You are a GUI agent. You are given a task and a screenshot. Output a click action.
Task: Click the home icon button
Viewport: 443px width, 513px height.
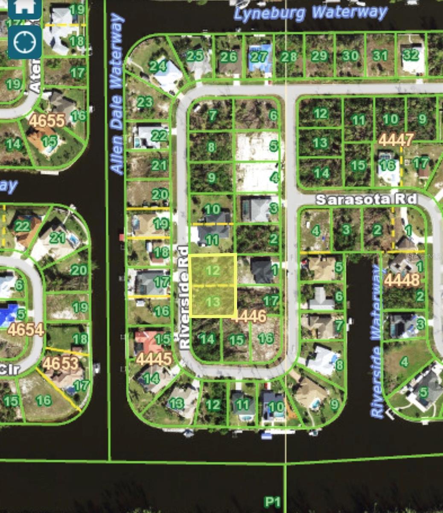[x=25, y=8]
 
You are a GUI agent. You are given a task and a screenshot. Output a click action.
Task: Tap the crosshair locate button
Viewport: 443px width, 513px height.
[x=25, y=42]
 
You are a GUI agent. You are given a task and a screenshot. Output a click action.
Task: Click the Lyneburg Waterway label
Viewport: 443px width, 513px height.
[x=310, y=13]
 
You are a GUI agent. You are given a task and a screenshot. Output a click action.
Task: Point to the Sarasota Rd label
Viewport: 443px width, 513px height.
[x=366, y=199]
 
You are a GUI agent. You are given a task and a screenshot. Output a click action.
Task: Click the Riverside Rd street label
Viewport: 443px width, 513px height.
[x=184, y=298]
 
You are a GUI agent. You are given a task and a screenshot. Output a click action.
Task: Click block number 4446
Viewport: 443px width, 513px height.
[x=249, y=317]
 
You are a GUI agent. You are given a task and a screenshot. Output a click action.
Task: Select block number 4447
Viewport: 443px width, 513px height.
[x=396, y=140]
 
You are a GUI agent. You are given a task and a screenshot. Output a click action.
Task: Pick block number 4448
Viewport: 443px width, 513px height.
[x=402, y=280]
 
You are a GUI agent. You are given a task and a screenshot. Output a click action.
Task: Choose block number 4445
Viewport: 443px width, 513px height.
[x=154, y=359]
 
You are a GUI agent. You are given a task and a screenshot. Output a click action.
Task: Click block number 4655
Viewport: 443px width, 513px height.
[x=47, y=121]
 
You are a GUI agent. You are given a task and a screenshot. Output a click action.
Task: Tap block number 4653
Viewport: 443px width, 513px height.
[x=61, y=363]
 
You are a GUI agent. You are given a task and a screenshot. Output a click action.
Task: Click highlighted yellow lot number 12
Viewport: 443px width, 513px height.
[x=213, y=270]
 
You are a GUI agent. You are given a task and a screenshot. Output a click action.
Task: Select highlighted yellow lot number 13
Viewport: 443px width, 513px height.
[x=213, y=302]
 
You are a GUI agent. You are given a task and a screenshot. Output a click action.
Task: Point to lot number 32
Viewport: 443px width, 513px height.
[x=411, y=55]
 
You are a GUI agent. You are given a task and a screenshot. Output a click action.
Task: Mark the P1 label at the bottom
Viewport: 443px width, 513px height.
[x=272, y=501]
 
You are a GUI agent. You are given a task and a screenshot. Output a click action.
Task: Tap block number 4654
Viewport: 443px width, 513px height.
[x=26, y=330]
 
